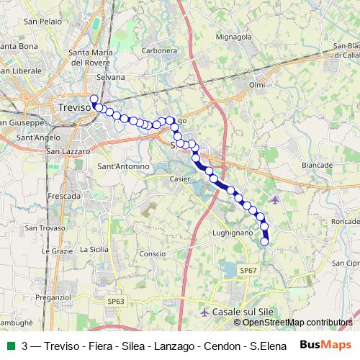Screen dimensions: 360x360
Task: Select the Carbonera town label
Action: click(x=159, y=51)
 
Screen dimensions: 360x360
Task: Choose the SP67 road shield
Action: click(x=248, y=270)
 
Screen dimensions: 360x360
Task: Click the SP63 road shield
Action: click(x=114, y=301)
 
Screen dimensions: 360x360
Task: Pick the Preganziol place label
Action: click(x=53, y=297)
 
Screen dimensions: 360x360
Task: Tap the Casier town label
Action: click(x=179, y=179)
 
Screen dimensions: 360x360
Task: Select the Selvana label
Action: click(x=110, y=77)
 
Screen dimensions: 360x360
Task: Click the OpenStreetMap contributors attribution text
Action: click(x=297, y=323)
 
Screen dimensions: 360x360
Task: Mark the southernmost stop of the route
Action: click(x=264, y=242)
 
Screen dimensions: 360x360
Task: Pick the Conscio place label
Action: click(x=152, y=254)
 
